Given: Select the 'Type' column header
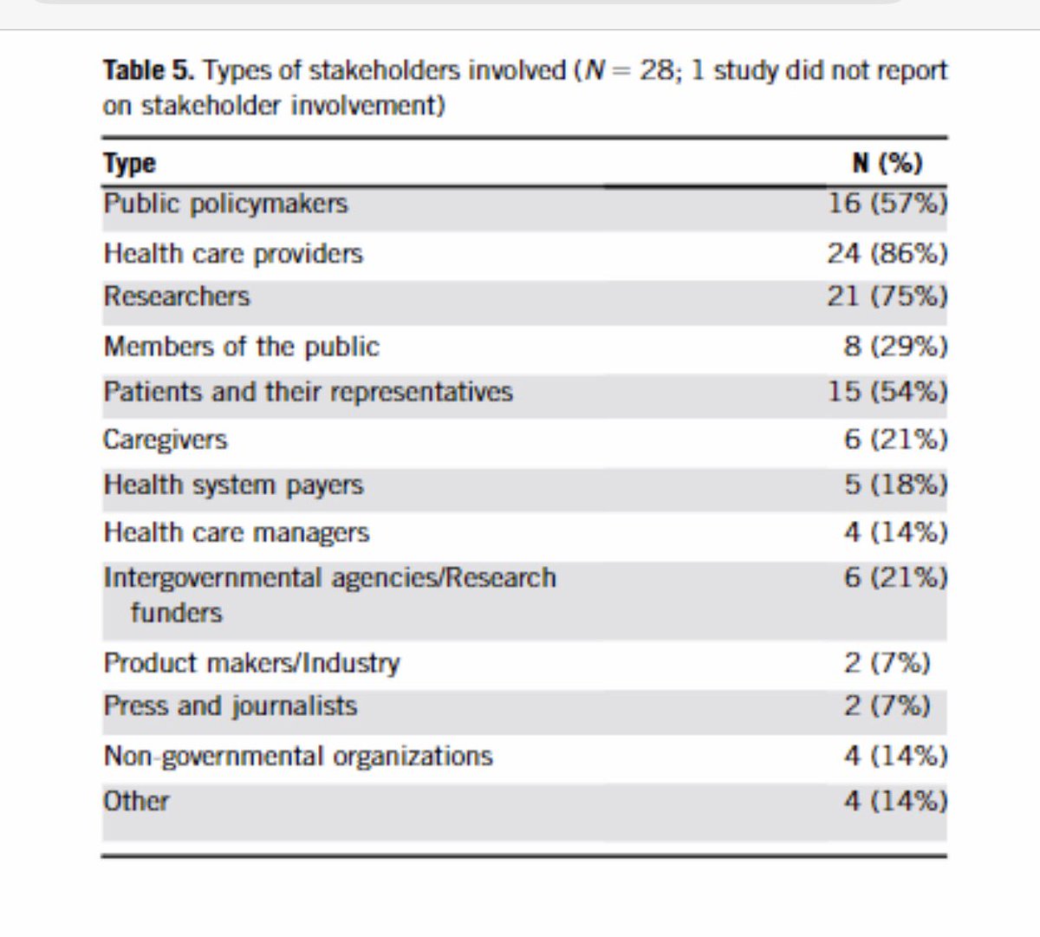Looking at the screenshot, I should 129,163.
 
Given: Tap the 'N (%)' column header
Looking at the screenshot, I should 887,163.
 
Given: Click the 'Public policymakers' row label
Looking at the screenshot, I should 225,204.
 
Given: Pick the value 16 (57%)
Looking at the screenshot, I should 887,204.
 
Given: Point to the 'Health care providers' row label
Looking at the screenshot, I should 233,254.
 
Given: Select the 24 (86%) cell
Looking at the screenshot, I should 887,254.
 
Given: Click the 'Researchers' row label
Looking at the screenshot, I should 177,296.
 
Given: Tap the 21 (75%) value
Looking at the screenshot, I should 887,296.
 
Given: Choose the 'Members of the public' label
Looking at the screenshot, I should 241,347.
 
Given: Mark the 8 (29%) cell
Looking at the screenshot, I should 895,347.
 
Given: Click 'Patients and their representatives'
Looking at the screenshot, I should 308,392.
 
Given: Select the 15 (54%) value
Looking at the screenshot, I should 887,392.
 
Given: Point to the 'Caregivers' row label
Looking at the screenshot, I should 166,439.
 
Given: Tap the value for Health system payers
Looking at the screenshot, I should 895,485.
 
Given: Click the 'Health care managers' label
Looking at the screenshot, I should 237,532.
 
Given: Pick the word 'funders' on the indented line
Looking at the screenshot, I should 177,613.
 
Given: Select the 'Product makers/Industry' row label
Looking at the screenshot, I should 251,663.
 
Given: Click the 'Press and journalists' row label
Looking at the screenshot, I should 231,706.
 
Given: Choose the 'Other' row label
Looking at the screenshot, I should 136,801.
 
